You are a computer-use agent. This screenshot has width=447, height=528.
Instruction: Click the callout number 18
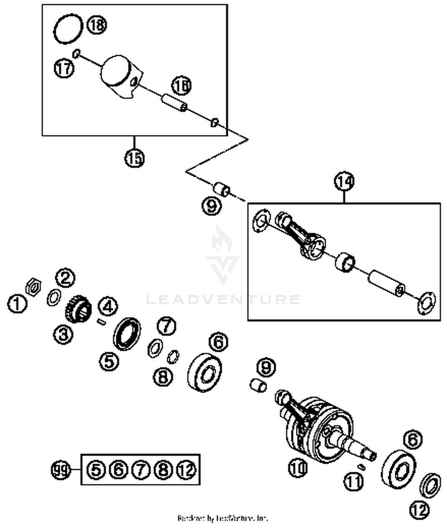coord(97,25)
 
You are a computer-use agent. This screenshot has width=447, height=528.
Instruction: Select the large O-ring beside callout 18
coord(68,29)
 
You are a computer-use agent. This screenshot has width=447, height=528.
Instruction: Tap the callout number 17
coord(64,68)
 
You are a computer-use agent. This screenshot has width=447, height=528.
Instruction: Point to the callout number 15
coord(134,158)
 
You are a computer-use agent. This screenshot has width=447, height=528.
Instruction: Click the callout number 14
coord(344,181)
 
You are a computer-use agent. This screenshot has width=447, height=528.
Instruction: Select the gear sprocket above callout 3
coord(78,309)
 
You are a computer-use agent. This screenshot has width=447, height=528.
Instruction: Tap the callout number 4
coord(108,306)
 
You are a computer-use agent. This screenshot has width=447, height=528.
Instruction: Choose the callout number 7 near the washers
coord(167,326)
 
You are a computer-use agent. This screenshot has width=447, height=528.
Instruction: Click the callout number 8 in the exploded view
coord(163,377)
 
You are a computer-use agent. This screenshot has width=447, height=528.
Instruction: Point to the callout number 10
coord(298,468)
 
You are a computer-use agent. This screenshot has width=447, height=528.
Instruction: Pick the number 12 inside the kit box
coord(186,470)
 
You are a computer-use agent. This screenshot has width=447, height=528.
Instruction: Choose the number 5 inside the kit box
coord(96,470)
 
